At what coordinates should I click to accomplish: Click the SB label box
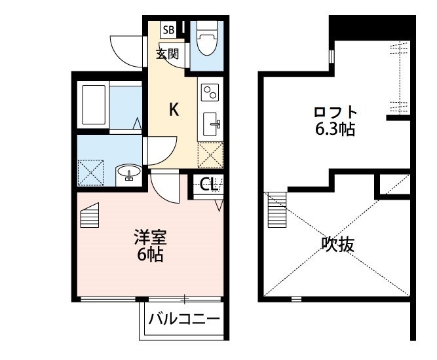[x=168, y=29]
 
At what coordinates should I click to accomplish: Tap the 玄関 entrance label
[x=168, y=54]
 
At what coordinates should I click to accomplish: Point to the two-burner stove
[x=210, y=92]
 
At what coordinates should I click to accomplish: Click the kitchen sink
[x=212, y=121]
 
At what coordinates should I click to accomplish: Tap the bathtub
[x=93, y=106]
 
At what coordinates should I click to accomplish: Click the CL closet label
[x=208, y=185]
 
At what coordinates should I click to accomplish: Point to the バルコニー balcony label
[x=183, y=320]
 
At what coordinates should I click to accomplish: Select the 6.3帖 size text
[x=335, y=129]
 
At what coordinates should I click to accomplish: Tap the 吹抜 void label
[x=338, y=245]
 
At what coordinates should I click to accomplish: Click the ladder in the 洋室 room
[x=90, y=215]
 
